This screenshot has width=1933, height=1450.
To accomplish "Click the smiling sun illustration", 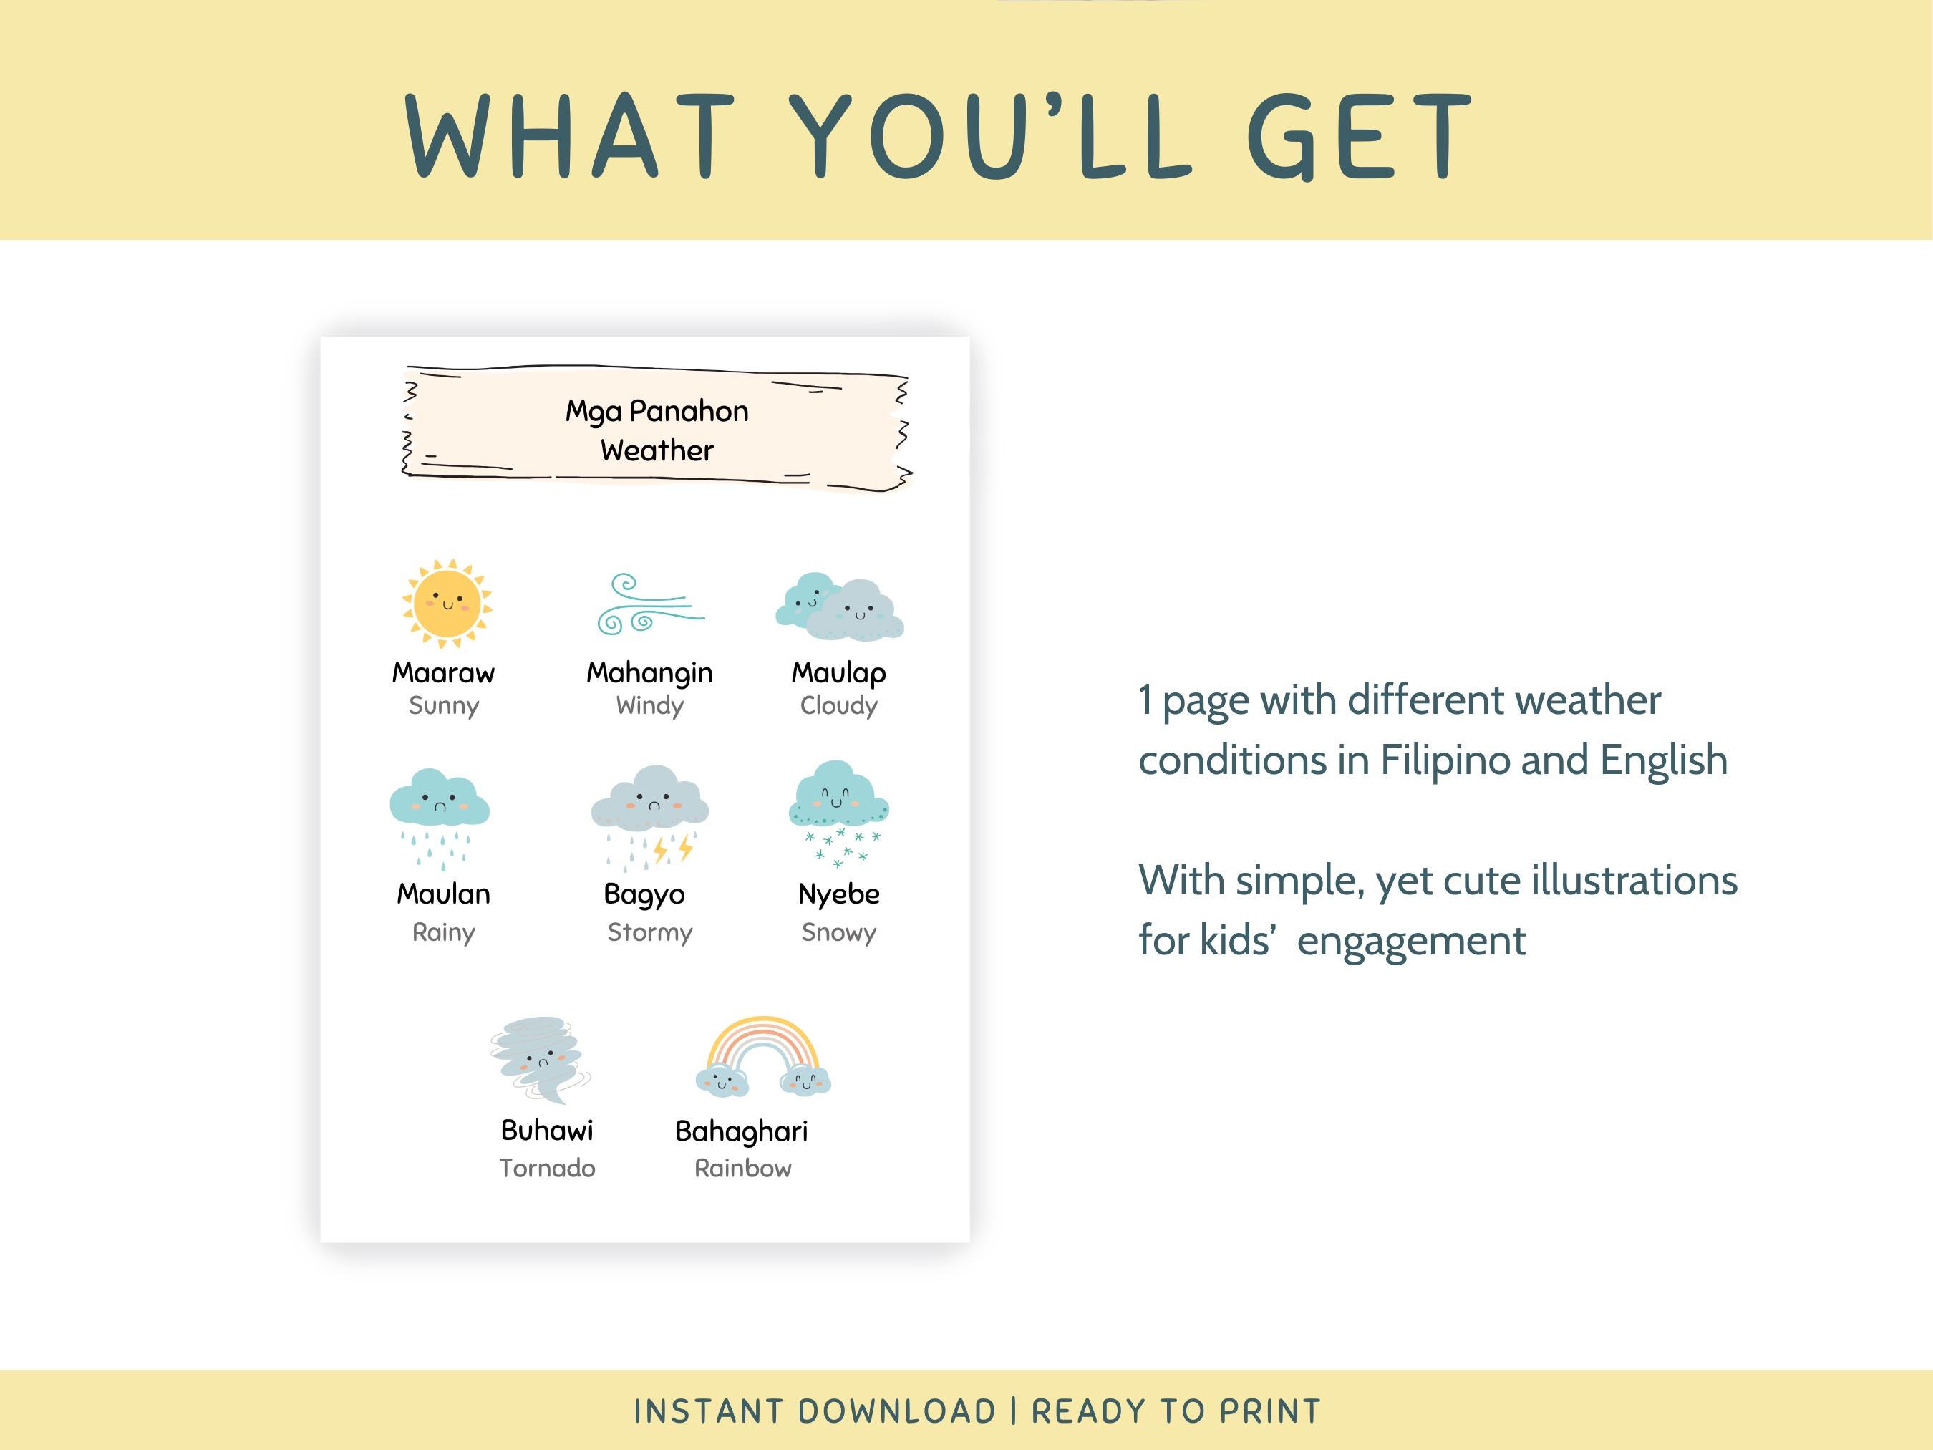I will click(x=447, y=603).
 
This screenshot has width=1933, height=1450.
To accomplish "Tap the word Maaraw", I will click(x=443, y=672).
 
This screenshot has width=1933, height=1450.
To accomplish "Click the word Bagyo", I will click(x=644, y=894).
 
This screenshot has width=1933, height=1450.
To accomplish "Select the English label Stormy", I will click(x=649, y=932).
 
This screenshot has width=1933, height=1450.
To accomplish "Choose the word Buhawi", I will click(x=547, y=1130).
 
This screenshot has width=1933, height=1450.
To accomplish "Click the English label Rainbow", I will click(x=743, y=1168).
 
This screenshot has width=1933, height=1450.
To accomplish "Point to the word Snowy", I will click(x=838, y=932).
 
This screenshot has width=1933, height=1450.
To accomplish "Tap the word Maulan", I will click(x=443, y=893).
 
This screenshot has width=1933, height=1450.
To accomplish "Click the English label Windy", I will click(x=649, y=705).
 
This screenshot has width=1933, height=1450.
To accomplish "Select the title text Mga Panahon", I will click(x=657, y=411).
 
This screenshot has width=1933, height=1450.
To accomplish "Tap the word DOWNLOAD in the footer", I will click(x=896, y=1411).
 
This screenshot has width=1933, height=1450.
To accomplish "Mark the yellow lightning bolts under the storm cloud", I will click(x=674, y=848).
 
